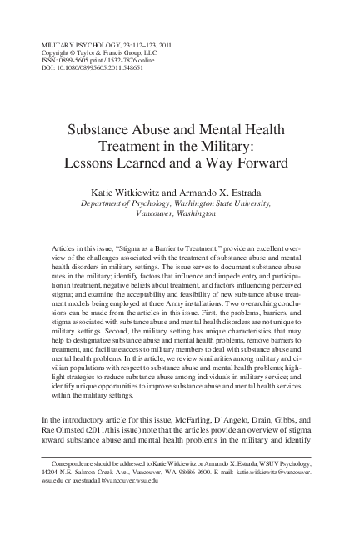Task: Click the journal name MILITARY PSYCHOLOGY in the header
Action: pyautogui.click(x=62, y=42)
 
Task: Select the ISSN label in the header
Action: pyautogui.click(x=37, y=58)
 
